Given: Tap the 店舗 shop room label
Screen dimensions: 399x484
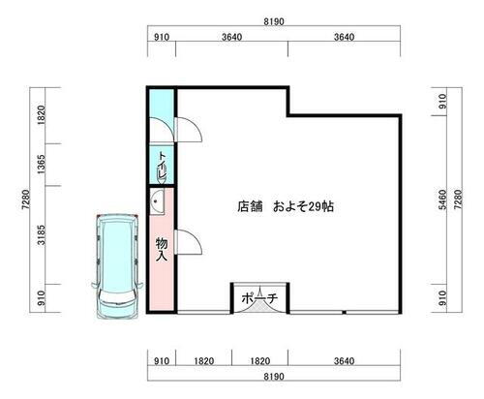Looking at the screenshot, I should (250, 206).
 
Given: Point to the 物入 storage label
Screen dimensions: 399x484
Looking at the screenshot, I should (162, 250).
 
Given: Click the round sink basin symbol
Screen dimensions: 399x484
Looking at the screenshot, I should (159, 202).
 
